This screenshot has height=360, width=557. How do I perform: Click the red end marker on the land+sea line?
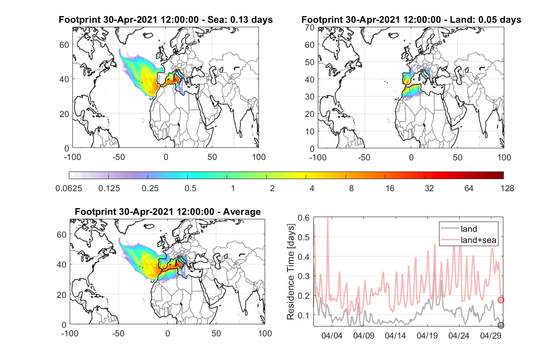point(501,300)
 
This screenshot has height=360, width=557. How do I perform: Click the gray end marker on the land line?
point(501,325)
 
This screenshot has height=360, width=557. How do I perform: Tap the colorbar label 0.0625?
point(69,188)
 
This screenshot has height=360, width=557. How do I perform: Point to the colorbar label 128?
point(507,188)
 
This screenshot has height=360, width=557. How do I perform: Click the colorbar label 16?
point(390,188)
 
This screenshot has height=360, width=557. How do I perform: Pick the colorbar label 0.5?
point(190,188)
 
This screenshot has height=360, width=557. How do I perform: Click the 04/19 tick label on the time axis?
point(427,335)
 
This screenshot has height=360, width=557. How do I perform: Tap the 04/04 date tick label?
point(332,335)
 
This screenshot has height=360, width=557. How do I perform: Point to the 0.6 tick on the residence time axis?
point(304,218)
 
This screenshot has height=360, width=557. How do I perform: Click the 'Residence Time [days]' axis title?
point(291,272)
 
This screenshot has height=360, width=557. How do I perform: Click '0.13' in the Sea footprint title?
point(239,20)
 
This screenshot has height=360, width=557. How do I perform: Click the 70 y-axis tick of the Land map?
point(310,27)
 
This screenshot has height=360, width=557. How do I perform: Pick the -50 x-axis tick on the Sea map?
point(118,157)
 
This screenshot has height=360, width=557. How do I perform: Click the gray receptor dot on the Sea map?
point(176,71)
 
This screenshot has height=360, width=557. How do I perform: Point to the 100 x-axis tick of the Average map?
point(265,333)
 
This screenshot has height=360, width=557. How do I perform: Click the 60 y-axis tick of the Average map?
point(61,234)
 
